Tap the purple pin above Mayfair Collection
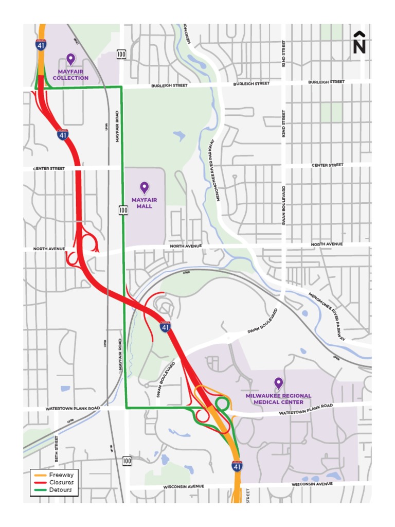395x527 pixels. point(70,59)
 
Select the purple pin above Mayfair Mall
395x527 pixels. point(145,188)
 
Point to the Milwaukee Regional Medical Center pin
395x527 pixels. point(278,383)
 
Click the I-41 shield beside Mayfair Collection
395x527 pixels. point(40,44)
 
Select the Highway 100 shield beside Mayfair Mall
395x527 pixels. point(123,209)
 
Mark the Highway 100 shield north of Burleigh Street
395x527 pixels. point(121,54)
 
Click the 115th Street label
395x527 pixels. point(56,448)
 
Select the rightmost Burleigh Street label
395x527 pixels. point(326,82)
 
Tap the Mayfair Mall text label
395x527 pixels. point(144,203)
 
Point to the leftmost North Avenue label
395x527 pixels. point(49,249)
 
